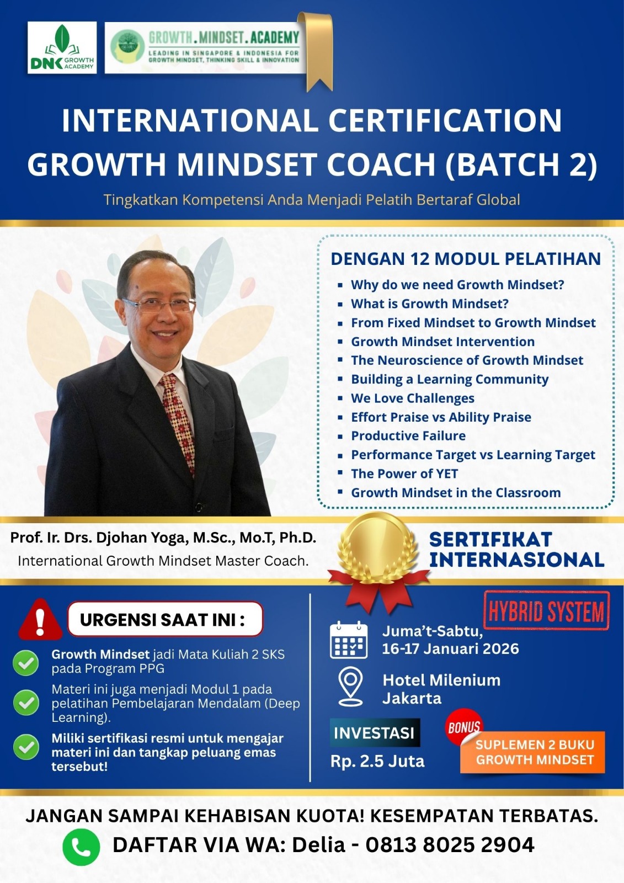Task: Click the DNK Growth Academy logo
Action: point(62,47)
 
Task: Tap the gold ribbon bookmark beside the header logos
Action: point(316,51)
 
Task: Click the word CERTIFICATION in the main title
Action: point(445,120)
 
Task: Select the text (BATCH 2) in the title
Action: point(521,165)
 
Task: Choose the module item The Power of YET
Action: point(404,474)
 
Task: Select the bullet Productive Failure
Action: point(408,435)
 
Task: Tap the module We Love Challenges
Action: point(413,398)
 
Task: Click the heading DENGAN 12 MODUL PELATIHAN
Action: point(466,259)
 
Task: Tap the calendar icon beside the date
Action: point(349,640)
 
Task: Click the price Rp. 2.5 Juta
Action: point(377,761)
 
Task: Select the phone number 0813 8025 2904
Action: point(450,845)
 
